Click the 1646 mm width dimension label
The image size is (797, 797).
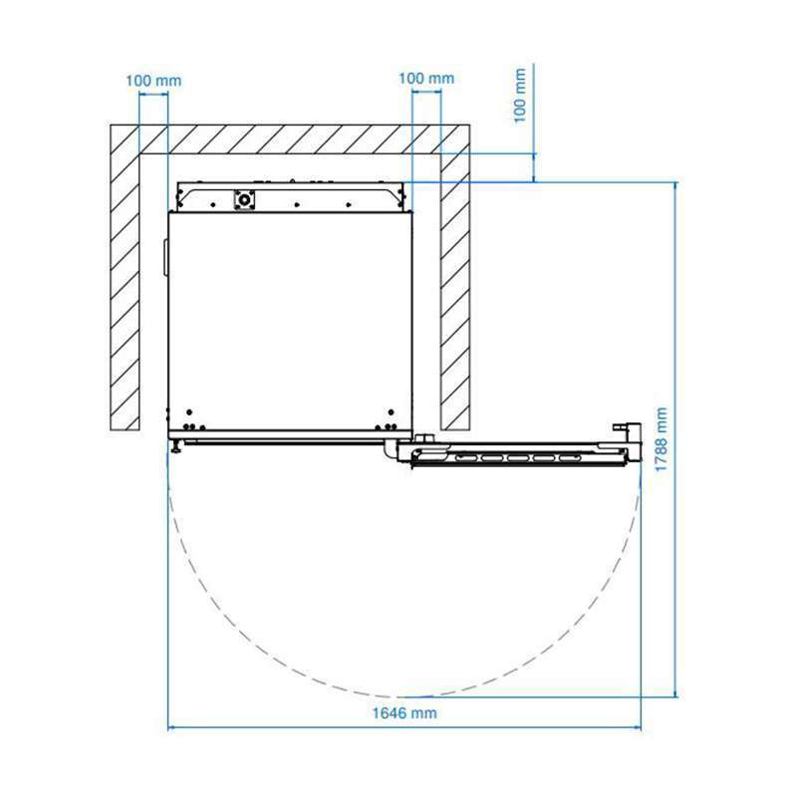click(404, 713)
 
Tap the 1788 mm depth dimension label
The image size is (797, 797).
click(661, 439)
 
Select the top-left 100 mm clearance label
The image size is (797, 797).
click(153, 81)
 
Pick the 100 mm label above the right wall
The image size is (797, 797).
click(426, 79)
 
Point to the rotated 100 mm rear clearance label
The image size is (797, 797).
click(519, 96)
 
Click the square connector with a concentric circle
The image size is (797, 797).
click(244, 200)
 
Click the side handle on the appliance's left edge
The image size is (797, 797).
click(165, 258)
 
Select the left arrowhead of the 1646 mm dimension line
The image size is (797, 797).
click(171, 728)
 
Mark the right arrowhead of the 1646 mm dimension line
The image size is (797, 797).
click(638, 728)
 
